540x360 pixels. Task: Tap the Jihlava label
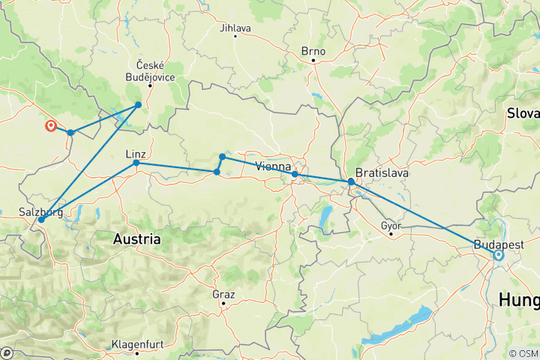(x=235, y=28)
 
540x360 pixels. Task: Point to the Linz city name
(x=135, y=153)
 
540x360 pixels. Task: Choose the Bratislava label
(x=382, y=172)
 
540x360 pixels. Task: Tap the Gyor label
(x=391, y=225)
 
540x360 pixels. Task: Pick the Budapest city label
(x=499, y=244)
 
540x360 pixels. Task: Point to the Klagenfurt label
(x=138, y=343)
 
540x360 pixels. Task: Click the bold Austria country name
(x=136, y=239)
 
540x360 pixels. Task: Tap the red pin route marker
(x=50, y=126)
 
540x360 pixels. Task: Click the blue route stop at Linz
(x=136, y=163)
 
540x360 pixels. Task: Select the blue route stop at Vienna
(x=295, y=174)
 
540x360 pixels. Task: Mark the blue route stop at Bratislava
(x=351, y=181)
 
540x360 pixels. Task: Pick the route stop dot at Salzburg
(x=40, y=220)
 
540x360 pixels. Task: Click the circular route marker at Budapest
(x=499, y=256)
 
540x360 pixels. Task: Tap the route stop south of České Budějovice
(x=139, y=105)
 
